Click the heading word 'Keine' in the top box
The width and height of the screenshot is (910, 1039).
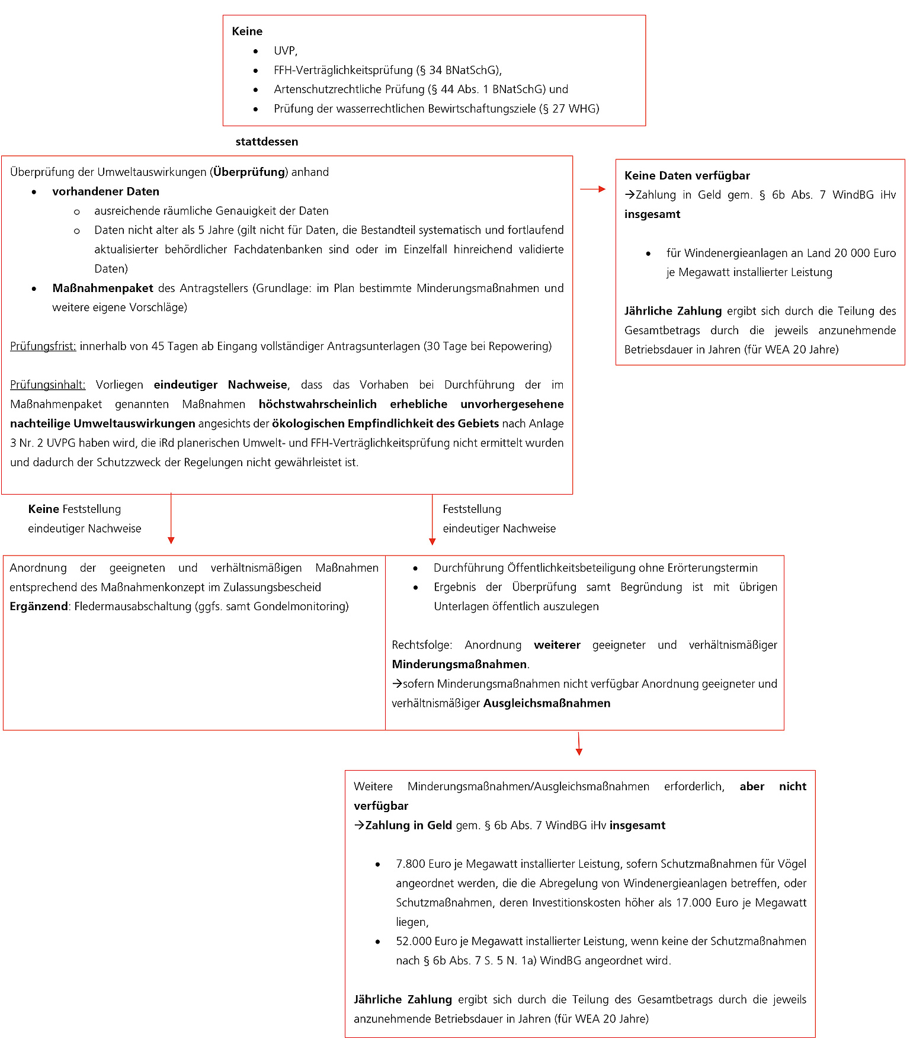[247, 31]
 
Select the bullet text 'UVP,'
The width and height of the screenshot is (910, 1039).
[286, 51]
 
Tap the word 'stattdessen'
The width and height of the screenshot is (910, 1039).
[267, 142]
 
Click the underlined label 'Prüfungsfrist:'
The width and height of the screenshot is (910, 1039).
[43, 346]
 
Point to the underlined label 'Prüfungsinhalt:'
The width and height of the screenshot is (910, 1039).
[47, 385]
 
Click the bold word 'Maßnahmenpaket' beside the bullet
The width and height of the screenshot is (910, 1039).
[102, 288]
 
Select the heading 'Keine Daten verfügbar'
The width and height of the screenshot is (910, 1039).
[687, 176]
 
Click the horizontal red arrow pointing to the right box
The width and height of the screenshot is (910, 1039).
[592, 189]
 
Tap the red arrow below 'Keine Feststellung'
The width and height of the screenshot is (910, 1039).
[171, 518]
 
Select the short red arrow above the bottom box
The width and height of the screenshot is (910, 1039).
[579, 744]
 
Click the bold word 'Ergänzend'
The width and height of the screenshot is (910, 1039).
[39, 607]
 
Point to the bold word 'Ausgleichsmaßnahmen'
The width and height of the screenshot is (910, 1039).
[547, 704]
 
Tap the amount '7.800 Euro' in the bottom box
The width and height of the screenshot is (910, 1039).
[423, 864]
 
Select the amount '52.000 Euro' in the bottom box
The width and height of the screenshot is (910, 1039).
[426, 942]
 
